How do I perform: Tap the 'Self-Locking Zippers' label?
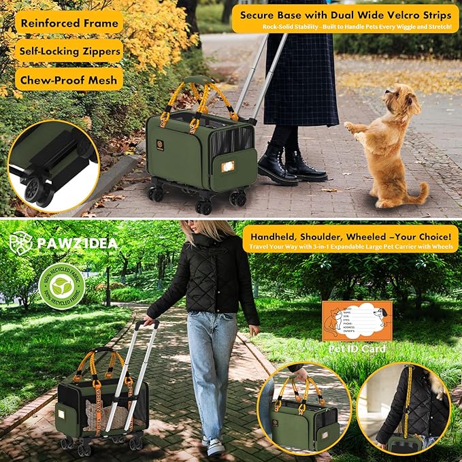(68, 50)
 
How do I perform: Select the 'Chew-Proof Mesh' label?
(68, 80)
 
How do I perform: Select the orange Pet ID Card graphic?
(357, 321)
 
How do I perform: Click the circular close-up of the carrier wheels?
(53, 167)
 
